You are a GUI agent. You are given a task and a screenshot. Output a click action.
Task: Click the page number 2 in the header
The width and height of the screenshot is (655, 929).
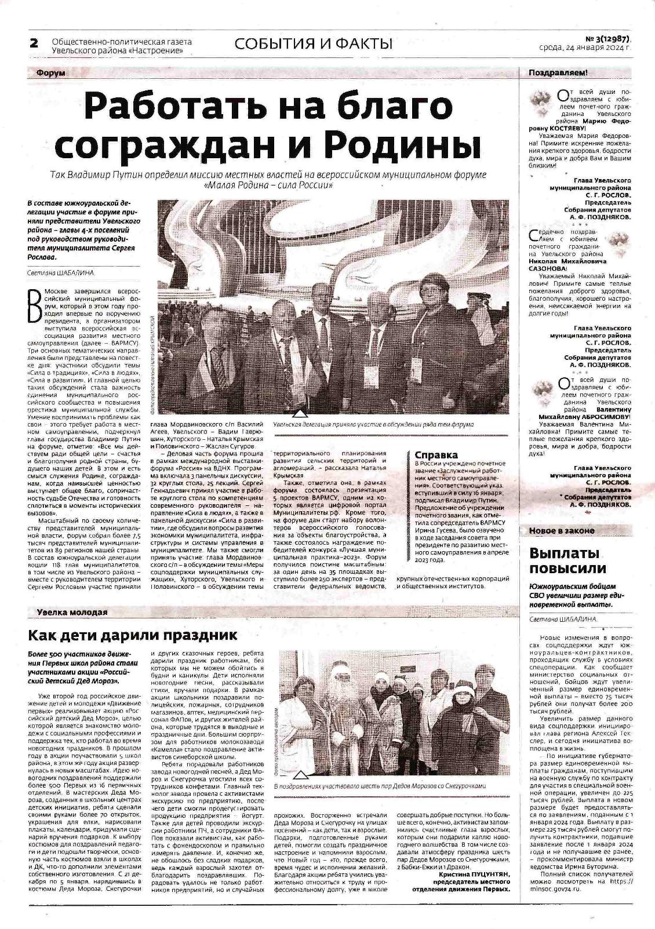point(34,43)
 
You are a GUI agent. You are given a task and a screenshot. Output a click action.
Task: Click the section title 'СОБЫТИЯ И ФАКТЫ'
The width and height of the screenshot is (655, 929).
point(314,44)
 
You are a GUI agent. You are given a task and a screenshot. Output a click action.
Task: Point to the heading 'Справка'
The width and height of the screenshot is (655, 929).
point(436,455)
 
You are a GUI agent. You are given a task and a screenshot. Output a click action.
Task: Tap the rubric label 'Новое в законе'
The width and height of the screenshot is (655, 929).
point(562,531)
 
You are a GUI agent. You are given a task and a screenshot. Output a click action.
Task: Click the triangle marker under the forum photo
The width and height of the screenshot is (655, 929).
point(299,414)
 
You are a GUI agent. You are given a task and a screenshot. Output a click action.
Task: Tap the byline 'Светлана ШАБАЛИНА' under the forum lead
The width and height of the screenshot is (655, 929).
point(60,272)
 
